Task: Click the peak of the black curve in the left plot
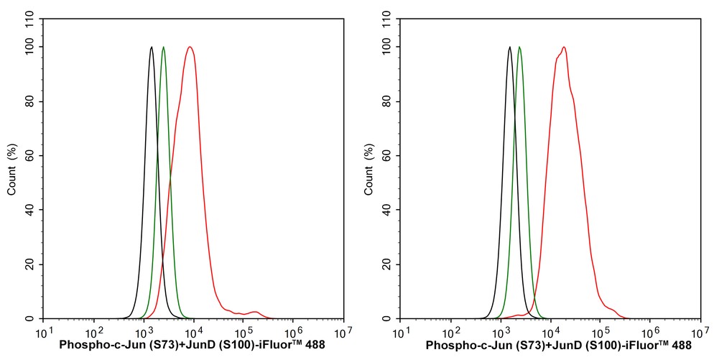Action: pyautogui.click(x=152, y=47)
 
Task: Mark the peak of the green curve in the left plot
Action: pyautogui.click(x=164, y=47)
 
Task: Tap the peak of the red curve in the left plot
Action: pyautogui.click(x=190, y=47)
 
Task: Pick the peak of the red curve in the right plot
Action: pyautogui.click(x=564, y=47)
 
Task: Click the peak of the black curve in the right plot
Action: pyautogui.click(x=509, y=47)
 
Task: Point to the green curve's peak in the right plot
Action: pyautogui.click(x=519, y=47)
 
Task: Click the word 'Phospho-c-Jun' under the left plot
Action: pyautogui.click(x=92, y=345)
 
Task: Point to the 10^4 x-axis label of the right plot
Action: pyautogui.click(x=551, y=331)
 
